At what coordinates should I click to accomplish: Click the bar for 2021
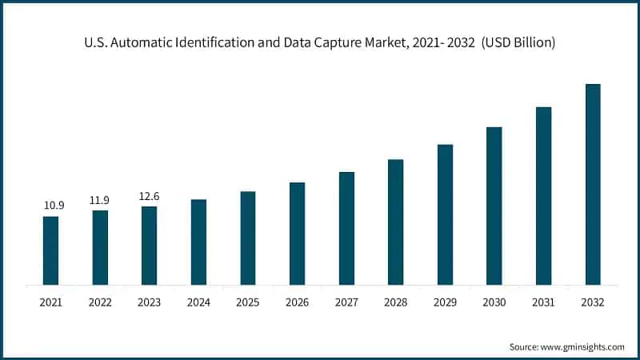coord(50,250)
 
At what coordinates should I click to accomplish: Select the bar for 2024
coord(198,242)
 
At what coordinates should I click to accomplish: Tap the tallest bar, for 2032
coord(593,184)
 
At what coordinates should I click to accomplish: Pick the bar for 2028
coord(396,222)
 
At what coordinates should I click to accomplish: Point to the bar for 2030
coord(494,206)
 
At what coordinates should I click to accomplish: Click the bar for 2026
coord(297,234)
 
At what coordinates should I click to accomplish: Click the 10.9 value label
coord(54,206)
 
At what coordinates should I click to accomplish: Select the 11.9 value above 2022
coord(100,199)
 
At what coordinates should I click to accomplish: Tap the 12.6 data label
coord(149,195)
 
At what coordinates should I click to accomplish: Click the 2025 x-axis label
coord(248,302)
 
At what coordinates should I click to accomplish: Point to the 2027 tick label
coord(346,302)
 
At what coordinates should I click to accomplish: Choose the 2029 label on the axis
coord(445,302)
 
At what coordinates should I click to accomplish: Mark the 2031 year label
coord(543,302)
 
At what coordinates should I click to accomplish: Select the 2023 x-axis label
coord(149,302)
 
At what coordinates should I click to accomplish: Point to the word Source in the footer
coord(523,346)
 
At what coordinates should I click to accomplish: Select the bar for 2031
coord(544,196)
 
